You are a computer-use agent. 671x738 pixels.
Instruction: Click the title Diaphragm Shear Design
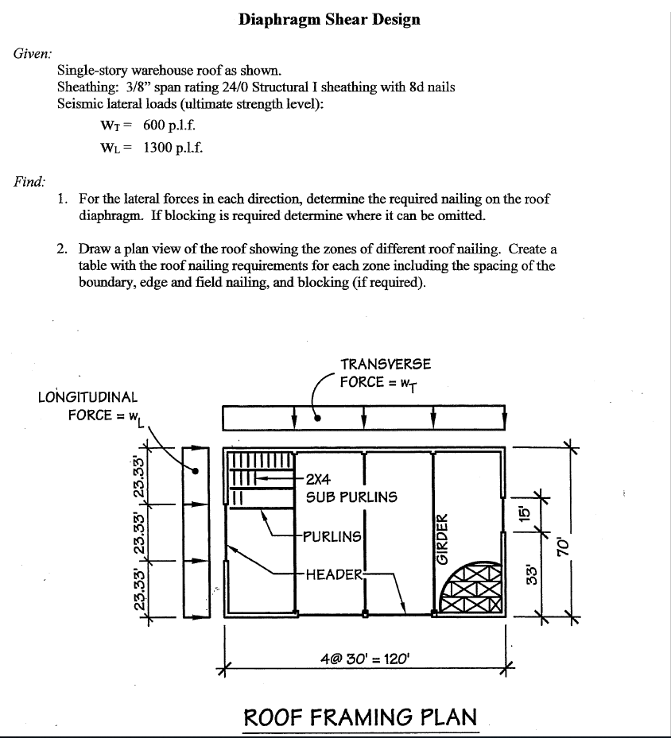329,19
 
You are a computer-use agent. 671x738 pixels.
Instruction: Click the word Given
33,54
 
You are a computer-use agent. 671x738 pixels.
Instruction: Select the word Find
29,182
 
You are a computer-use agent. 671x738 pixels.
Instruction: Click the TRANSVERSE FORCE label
386,373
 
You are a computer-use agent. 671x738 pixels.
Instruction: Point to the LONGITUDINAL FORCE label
87,406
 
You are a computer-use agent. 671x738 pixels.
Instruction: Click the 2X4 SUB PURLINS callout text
351,489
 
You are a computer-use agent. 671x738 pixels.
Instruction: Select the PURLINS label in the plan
332,536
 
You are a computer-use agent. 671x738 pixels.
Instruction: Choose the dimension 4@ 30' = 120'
365,659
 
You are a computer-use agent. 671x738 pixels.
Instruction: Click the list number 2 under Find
62,249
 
